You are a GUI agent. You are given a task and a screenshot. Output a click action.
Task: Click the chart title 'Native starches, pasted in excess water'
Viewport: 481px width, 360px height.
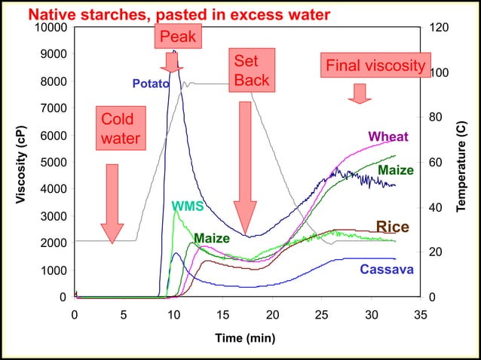179,14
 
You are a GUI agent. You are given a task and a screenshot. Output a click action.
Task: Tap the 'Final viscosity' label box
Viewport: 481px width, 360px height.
375,66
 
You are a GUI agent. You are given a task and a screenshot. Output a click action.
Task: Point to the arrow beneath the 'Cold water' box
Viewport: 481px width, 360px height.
112,203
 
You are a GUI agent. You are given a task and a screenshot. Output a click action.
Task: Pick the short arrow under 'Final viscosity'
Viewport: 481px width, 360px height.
360,93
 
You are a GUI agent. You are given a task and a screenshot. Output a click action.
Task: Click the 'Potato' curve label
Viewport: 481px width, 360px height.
150,84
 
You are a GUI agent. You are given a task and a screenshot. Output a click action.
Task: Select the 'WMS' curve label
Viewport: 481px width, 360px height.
187,205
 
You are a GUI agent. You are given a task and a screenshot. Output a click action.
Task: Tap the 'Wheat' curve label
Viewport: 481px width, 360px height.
388,137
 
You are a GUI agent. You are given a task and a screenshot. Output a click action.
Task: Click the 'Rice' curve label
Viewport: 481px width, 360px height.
392,227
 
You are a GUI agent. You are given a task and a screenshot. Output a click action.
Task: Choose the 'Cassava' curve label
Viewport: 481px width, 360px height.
386,270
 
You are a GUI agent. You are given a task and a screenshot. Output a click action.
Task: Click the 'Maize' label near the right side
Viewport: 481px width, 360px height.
395,170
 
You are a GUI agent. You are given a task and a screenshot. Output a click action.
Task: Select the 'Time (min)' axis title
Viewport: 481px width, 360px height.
245,337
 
